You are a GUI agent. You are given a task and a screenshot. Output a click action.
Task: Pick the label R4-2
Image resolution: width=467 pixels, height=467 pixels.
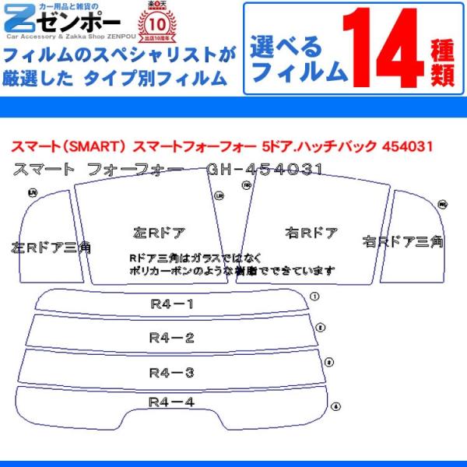pyautogui.click(x=172, y=337)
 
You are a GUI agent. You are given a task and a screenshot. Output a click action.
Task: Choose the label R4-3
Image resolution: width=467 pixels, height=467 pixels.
pyautogui.click(x=172, y=371)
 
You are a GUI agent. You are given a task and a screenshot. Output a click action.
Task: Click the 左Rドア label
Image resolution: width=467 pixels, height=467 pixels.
pyautogui.click(x=159, y=232)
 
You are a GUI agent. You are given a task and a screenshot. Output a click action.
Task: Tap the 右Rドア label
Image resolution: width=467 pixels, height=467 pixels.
pyautogui.click(x=311, y=232)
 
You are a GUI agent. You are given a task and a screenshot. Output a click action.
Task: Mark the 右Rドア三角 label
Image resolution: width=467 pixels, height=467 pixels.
pyautogui.click(x=403, y=241)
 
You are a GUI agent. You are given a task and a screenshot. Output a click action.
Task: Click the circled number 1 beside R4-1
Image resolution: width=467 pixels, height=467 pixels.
pyautogui.click(x=314, y=296)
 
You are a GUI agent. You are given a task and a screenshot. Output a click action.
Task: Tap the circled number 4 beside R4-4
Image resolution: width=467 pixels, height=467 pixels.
pyautogui.click(x=335, y=406)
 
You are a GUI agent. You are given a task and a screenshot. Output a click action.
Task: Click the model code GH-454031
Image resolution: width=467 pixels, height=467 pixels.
pyautogui.click(x=265, y=169)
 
